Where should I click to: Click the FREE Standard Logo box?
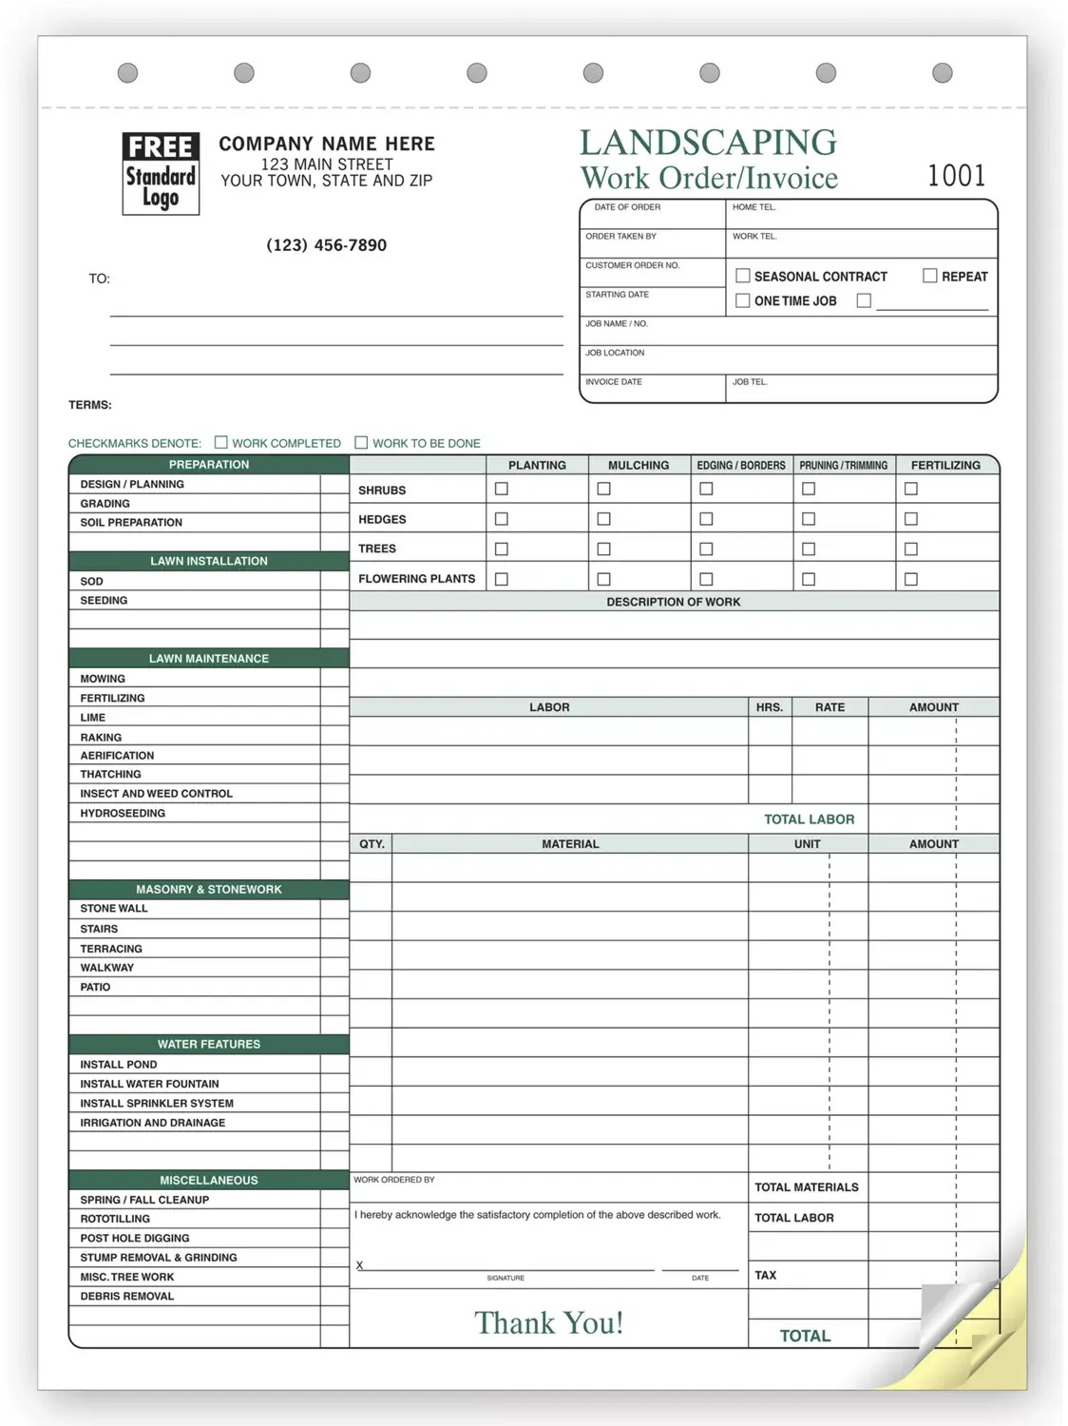161,173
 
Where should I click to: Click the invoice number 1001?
956,175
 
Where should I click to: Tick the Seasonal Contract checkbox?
743,276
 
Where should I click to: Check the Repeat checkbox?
930,276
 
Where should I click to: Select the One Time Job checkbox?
743,300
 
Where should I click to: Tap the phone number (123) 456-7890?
326,245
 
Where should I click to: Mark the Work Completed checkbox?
221,442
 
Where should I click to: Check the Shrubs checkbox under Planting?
502,489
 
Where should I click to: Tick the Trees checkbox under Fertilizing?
911,549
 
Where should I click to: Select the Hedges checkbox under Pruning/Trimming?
809,519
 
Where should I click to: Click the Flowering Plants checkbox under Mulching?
603,579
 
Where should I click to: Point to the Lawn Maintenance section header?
209,658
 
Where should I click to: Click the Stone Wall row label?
114,909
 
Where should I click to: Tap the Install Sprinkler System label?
157,1104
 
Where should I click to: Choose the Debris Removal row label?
127,1296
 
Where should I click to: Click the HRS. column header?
770,707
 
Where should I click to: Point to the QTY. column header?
372,844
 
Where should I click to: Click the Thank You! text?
549,1322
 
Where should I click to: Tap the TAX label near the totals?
765,1275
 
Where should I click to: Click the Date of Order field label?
627,207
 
